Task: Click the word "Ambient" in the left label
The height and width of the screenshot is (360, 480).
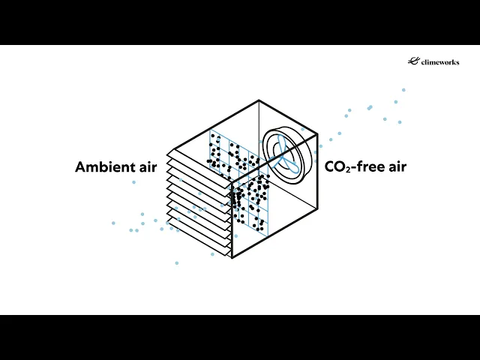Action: (100, 167)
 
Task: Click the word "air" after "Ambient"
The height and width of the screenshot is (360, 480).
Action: (144, 167)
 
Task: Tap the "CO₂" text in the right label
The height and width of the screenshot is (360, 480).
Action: (337, 167)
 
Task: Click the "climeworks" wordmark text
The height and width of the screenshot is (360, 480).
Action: (439, 62)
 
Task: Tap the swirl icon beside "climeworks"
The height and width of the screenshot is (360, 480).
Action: (412, 61)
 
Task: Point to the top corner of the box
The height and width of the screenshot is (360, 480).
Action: (259, 100)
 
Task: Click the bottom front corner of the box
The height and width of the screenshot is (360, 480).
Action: (232, 257)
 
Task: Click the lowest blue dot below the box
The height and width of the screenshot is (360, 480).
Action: (177, 262)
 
